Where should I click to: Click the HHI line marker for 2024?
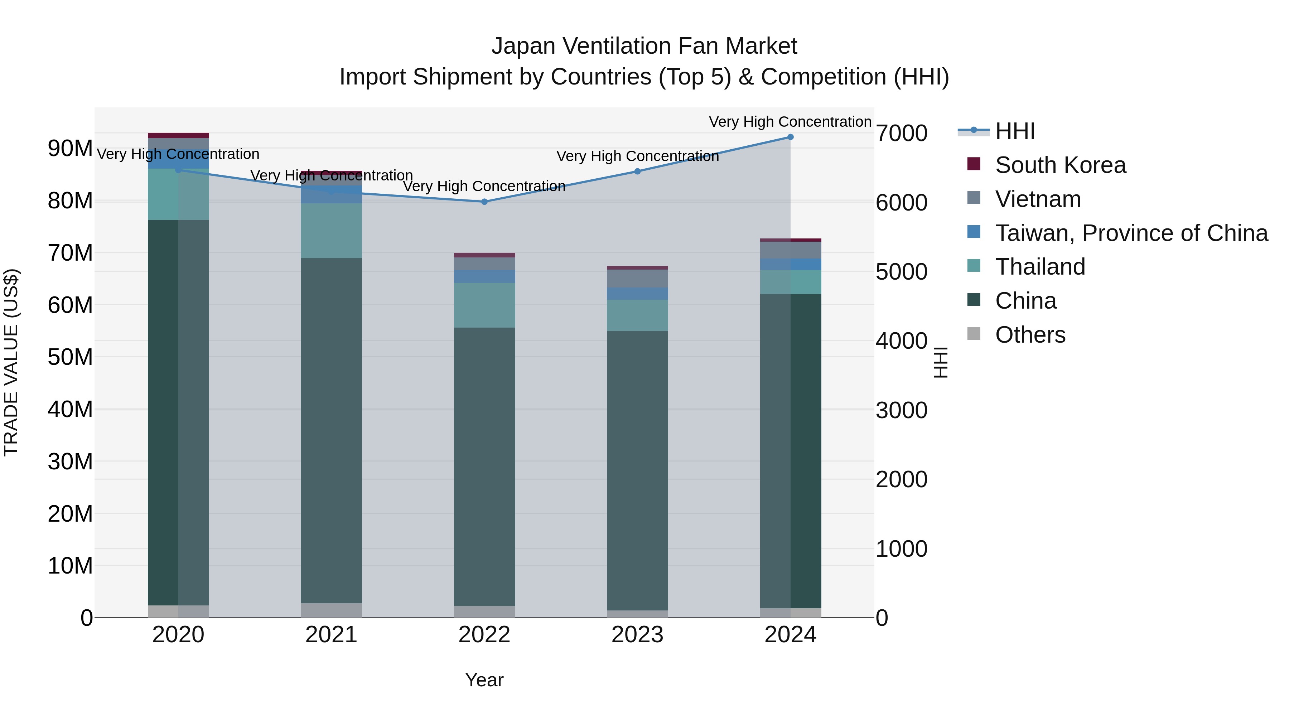[790, 137]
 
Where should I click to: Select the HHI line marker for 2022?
[484, 202]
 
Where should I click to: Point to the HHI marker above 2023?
[637, 171]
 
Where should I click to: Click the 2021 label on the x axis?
[331, 635]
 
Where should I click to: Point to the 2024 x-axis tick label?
[790, 635]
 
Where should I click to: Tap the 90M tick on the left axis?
[70, 149]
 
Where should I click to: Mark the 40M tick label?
[70, 409]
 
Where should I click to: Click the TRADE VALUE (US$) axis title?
[11, 362]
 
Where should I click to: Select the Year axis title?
[484, 680]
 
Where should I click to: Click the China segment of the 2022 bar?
[484, 465]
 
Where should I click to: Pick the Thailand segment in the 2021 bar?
[331, 231]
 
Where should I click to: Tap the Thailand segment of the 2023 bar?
[637, 315]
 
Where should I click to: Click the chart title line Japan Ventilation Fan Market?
[644, 46]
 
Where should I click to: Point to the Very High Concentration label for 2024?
[790, 122]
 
